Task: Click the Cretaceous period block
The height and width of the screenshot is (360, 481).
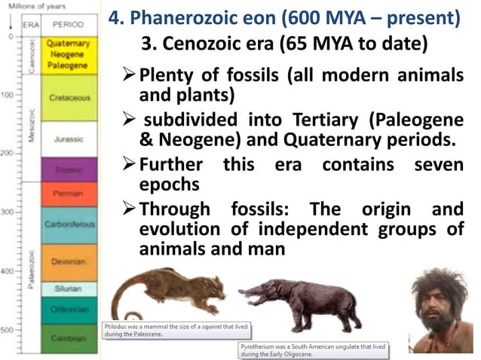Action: [70, 97]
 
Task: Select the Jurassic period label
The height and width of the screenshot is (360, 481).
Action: [70, 139]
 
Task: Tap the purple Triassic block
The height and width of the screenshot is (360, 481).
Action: [70, 169]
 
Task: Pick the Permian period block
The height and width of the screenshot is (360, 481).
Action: [70, 194]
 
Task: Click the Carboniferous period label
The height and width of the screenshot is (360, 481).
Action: [70, 224]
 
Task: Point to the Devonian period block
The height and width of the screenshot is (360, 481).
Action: [70, 261]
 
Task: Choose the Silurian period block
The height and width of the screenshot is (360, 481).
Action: [70, 288]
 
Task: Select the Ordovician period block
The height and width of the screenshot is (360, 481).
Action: [70, 309]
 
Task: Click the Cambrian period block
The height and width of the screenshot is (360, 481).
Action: [70, 338]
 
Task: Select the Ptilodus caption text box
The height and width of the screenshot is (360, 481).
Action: [175, 330]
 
